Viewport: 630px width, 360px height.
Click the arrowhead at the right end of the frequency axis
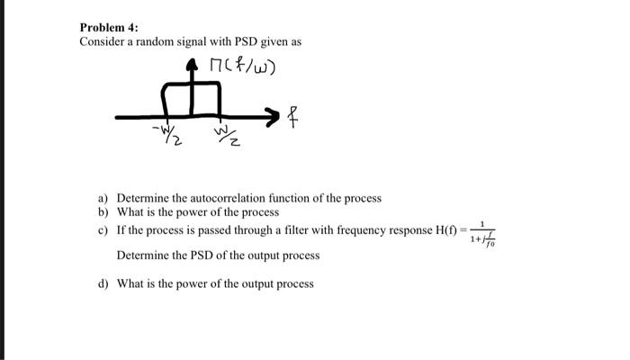click(x=272, y=114)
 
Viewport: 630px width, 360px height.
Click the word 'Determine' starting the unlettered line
click(x=142, y=256)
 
